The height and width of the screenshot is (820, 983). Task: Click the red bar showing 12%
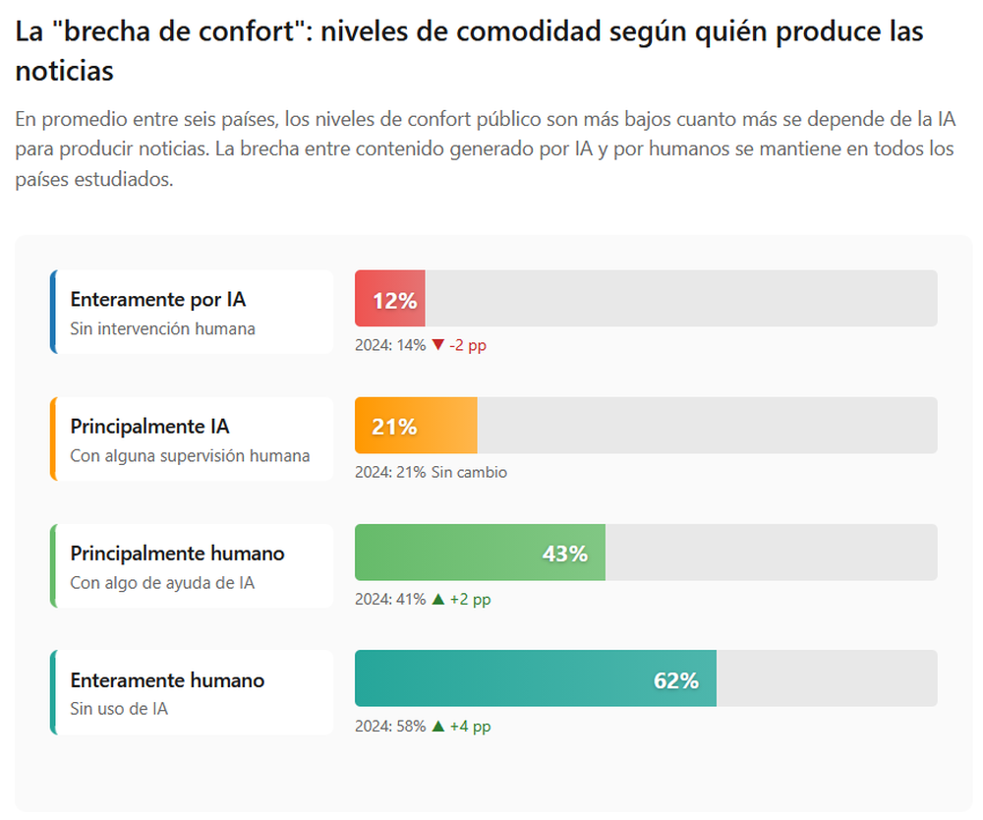(x=390, y=299)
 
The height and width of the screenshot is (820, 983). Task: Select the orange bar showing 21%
(x=416, y=426)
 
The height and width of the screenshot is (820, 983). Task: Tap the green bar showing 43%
(x=480, y=553)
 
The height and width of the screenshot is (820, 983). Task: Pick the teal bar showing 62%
(x=536, y=679)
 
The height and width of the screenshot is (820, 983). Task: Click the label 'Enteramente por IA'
(x=157, y=300)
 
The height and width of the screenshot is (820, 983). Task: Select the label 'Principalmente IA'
(x=149, y=427)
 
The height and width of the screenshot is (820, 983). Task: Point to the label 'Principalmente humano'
(x=177, y=554)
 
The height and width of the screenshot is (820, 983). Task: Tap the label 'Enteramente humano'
(x=167, y=680)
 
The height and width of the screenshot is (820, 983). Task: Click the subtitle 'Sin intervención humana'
(x=162, y=328)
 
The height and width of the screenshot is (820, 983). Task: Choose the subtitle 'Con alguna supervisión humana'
(x=190, y=456)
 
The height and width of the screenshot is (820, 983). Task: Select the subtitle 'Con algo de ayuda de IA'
(x=162, y=583)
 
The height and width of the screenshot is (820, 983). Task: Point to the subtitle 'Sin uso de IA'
(x=119, y=709)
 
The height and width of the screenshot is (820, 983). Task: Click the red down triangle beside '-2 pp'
(x=438, y=345)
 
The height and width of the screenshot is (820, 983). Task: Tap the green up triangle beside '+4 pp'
(x=438, y=727)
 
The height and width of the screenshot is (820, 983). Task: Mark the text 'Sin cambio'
(x=469, y=472)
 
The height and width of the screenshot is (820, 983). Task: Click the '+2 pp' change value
(x=470, y=600)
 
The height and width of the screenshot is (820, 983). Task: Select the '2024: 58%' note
(x=390, y=727)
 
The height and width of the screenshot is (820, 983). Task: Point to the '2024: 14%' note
(x=390, y=345)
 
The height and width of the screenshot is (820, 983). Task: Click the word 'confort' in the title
(x=250, y=31)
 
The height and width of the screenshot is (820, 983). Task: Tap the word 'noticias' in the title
(x=65, y=71)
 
